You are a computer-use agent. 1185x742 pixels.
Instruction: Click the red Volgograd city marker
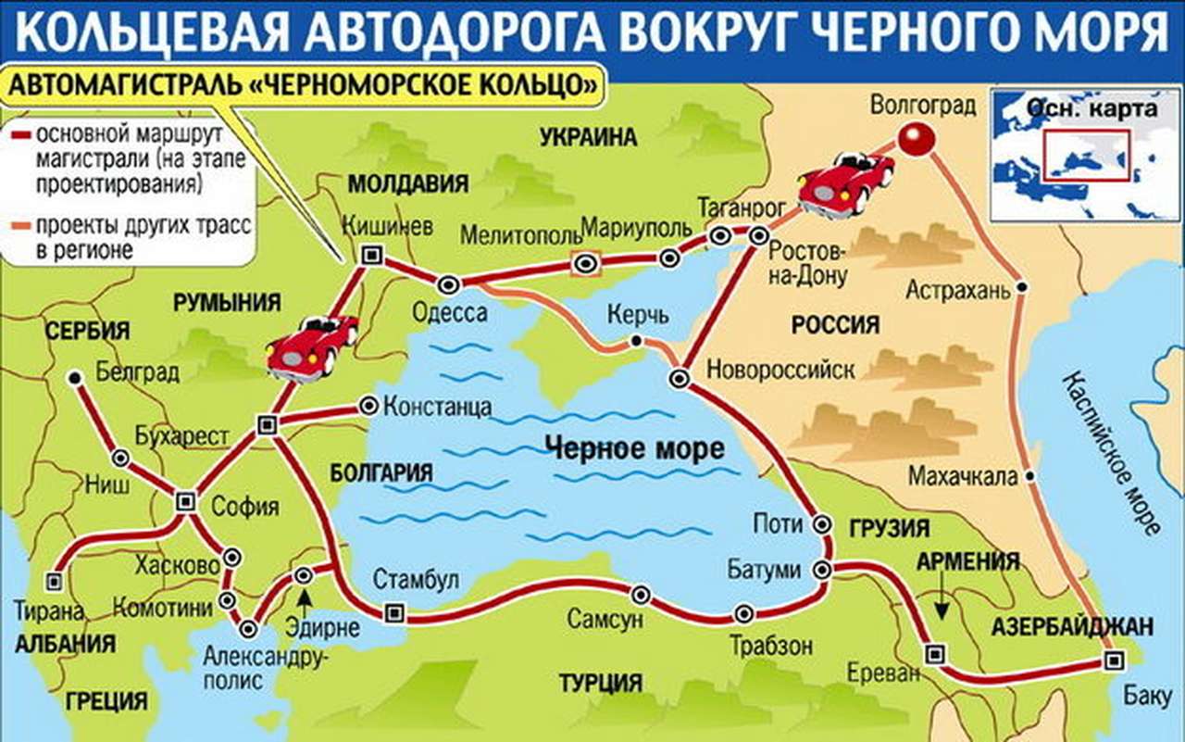point(914,140)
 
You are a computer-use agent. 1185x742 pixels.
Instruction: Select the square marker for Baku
point(1114,660)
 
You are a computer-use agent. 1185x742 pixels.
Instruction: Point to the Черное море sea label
point(634,450)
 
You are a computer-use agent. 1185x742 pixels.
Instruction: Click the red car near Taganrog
point(846,182)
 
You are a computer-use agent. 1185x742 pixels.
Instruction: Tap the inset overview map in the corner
point(1084,154)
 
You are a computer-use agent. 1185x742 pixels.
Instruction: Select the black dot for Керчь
point(636,342)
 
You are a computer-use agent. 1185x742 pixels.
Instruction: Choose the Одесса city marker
point(449,284)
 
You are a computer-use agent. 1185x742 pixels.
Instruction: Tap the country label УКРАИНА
point(589,138)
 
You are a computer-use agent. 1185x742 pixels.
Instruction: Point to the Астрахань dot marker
point(1021,287)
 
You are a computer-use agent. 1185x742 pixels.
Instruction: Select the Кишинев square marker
point(372,255)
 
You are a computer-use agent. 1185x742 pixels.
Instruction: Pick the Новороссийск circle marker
point(679,377)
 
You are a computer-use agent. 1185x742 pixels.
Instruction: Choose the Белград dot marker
point(74,377)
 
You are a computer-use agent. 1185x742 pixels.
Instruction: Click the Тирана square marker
point(55,581)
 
